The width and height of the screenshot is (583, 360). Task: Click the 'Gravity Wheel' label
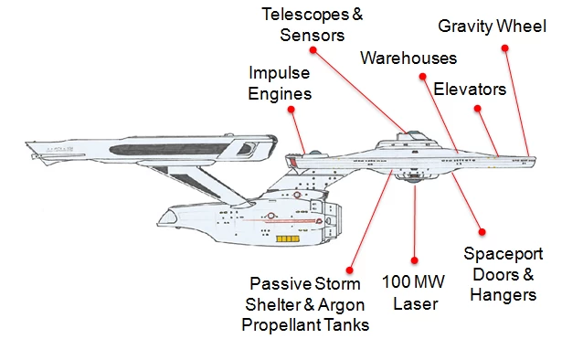(x=492, y=26)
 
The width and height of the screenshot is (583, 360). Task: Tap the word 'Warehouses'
(x=408, y=58)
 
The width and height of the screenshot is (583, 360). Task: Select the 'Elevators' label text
(x=469, y=89)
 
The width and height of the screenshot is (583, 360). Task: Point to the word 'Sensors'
(x=313, y=36)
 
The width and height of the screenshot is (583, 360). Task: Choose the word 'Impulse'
(x=280, y=73)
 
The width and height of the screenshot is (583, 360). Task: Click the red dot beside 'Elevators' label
(x=478, y=109)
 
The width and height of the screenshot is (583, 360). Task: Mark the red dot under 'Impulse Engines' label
(x=290, y=110)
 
